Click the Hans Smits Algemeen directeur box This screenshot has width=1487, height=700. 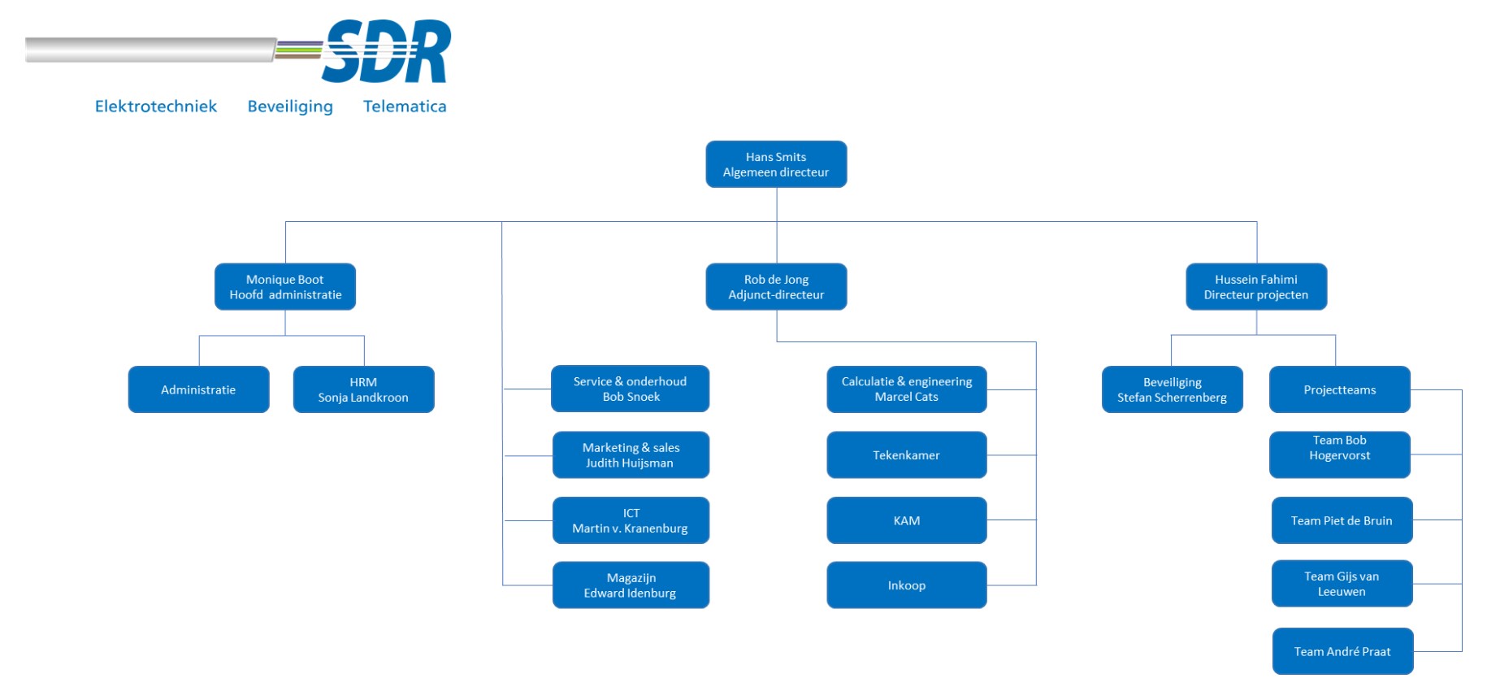(776, 164)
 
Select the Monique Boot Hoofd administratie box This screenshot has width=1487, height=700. (285, 287)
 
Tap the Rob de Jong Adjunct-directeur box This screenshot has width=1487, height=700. (776, 287)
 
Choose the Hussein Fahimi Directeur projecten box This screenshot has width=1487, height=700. (1256, 287)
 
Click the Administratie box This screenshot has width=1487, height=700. (198, 389)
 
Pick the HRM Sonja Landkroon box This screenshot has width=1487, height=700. (363, 389)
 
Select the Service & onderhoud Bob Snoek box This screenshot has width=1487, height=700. (630, 389)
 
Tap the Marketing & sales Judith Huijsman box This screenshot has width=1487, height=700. (631, 454)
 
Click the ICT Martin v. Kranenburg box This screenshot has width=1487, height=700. (631, 520)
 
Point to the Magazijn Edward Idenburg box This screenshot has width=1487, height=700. (631, 585)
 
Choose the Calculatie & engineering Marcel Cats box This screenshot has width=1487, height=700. (907, 389)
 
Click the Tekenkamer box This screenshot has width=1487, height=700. (907, 454)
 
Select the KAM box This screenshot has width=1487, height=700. (907, 520)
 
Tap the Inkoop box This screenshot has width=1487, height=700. (907, 585)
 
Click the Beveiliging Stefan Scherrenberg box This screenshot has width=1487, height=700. (1173, 389)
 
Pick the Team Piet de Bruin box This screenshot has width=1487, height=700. (1342, 520)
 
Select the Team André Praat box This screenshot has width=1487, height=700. (1342, 651)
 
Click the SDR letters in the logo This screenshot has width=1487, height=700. (386, 52)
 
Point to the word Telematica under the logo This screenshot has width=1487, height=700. (405, 107)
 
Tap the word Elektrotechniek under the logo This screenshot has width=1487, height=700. (156, 107)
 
